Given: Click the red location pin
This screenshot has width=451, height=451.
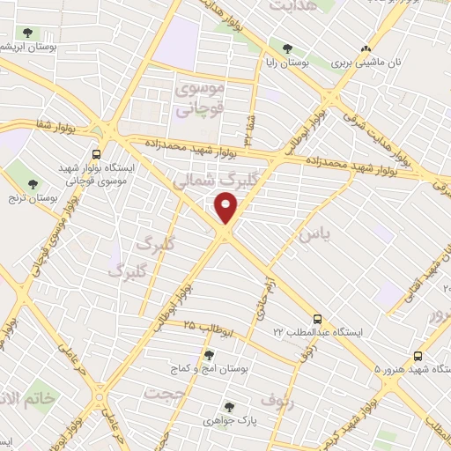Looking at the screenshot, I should click(x=227, y=209).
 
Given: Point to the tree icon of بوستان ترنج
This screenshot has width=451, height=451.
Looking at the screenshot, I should click(x=33, y=184).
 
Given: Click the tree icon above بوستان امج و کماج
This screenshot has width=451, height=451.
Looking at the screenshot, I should click(x=209, y=355).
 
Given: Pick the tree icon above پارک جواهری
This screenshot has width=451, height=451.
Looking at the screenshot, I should click(x=229, y=407).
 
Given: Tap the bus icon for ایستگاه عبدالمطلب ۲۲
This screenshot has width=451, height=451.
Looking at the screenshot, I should click(x=317, y=319).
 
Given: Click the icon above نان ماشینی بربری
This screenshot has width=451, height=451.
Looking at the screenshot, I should click(x=366, y=48).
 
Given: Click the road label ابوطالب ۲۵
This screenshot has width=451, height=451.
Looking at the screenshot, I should click(x=208, y=327).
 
